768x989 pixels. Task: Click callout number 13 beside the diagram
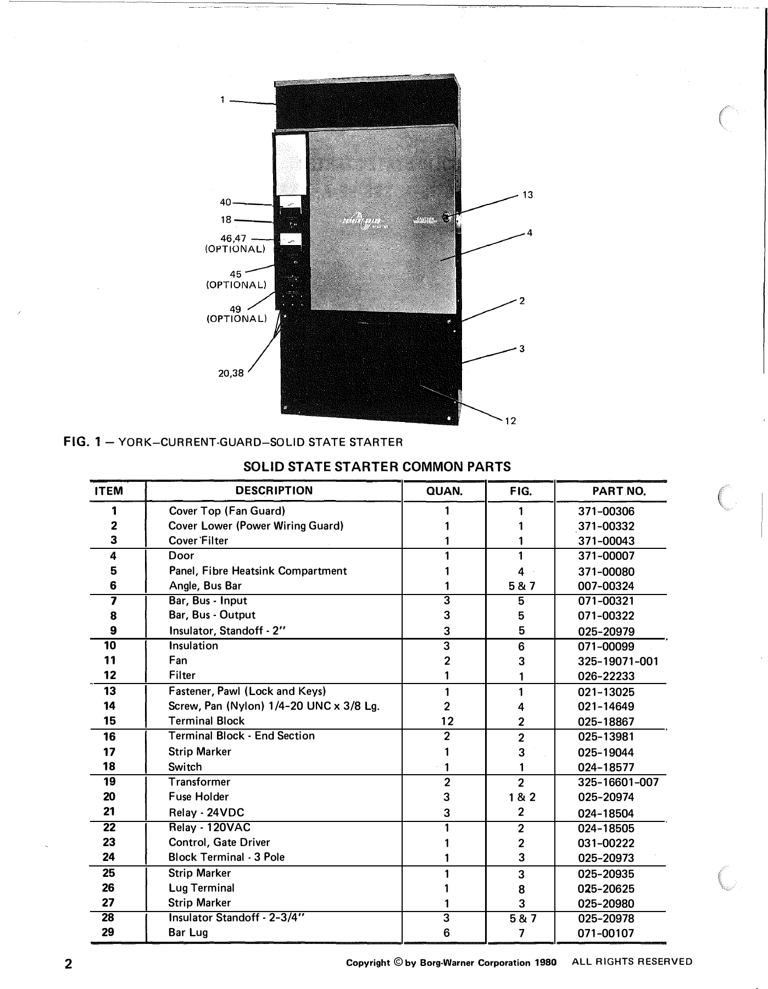pos(527,195)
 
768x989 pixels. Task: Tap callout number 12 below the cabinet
pos(510,421)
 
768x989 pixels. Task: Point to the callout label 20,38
pos(231,373)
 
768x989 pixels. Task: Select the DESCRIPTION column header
pos(274,491)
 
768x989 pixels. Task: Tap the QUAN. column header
pos(444,491)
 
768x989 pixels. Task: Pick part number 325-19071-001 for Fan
pos(618,661)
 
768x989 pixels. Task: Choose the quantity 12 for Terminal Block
pos(447,721)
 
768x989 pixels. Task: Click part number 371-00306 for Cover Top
pos(606,512)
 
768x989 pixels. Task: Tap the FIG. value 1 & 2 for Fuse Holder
pos(521,797)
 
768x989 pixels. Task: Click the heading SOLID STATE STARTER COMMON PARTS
pos(377,467)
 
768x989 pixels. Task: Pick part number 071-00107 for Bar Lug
pos(606,933)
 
